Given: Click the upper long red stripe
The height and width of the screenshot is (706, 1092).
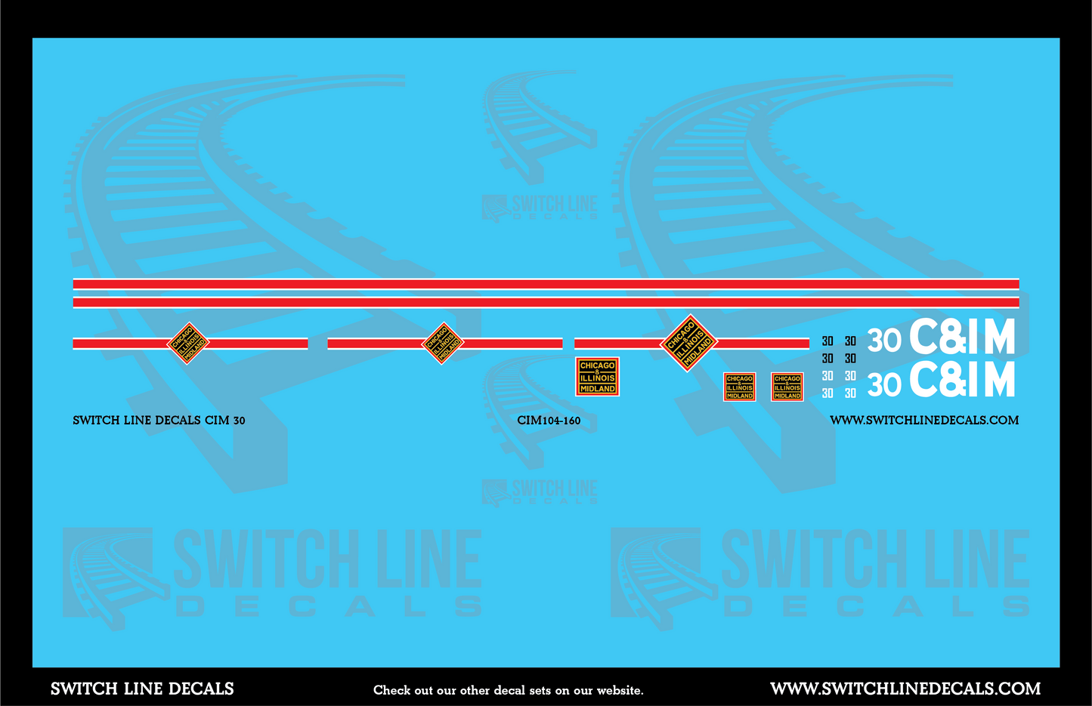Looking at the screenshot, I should click(x=546, y=285).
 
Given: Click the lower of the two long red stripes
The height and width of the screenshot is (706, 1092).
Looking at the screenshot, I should click(x=546, y=303).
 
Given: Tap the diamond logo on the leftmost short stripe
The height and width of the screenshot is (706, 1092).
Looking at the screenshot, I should click(x=187, y=344).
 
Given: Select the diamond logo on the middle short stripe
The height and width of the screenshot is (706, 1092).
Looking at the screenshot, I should click(x=442, y=344).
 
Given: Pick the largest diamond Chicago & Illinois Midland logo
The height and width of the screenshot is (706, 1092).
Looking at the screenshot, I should click(x=688, y=344).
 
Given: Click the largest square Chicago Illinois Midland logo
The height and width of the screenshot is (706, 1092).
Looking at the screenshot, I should click(x=597, y=377).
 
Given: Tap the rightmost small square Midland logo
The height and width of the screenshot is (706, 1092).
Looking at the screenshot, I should click(x=787, y=387).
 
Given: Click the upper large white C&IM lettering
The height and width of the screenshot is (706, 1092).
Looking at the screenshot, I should click(x=962, y=339).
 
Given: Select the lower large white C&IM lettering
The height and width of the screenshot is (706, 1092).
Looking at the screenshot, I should click(x=962, y=380).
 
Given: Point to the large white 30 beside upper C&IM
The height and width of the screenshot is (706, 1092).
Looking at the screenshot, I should click(x=884, y=341).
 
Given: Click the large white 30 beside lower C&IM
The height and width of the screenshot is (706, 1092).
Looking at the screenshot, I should click(x=884, y=385).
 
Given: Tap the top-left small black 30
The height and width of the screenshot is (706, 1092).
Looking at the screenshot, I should click(x=828, y=341).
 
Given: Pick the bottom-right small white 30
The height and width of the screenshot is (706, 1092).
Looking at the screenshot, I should click(x=850, y=393).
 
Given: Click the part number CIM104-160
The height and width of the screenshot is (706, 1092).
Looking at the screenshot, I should click(x=549, y=421).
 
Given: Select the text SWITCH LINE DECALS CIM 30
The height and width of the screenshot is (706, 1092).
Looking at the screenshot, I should click(x=159, y=421).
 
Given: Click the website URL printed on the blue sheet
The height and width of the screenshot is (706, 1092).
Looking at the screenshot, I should click(x=923, y=421).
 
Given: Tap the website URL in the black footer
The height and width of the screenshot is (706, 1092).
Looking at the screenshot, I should click(x=905, y=689).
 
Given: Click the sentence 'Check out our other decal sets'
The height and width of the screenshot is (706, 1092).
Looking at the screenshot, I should click(x=508, y=690).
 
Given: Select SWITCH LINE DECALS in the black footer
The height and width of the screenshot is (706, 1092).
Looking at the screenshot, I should click(x=142, y=689).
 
